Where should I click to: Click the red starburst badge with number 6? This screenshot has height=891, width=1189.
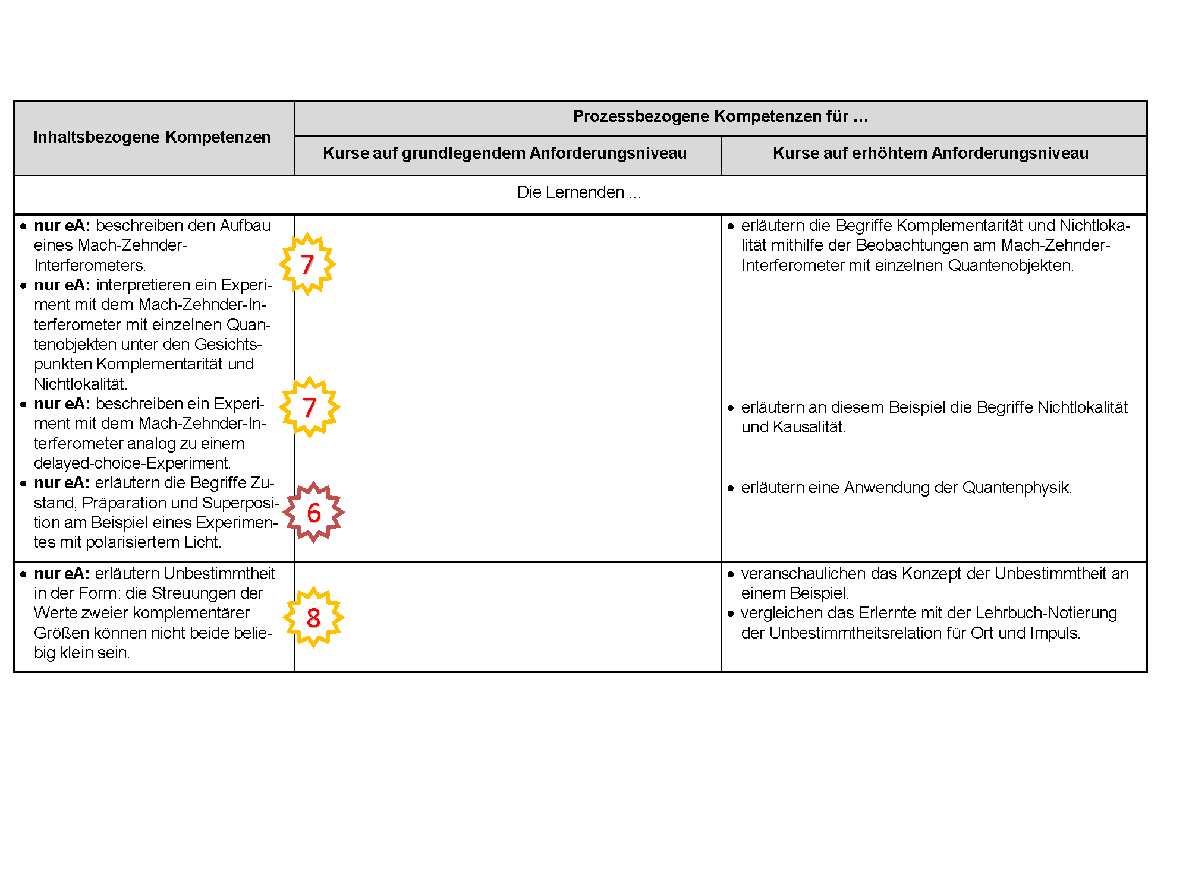[313, 513]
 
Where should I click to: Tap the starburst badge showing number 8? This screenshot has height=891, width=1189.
[313, 618]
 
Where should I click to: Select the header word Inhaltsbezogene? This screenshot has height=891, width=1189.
[97, 137]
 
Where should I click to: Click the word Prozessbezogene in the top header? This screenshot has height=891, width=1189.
[641, 116]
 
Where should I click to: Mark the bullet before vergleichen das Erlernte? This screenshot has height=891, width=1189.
[731, 614]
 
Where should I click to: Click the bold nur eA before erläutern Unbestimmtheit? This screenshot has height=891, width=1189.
[62, 574]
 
